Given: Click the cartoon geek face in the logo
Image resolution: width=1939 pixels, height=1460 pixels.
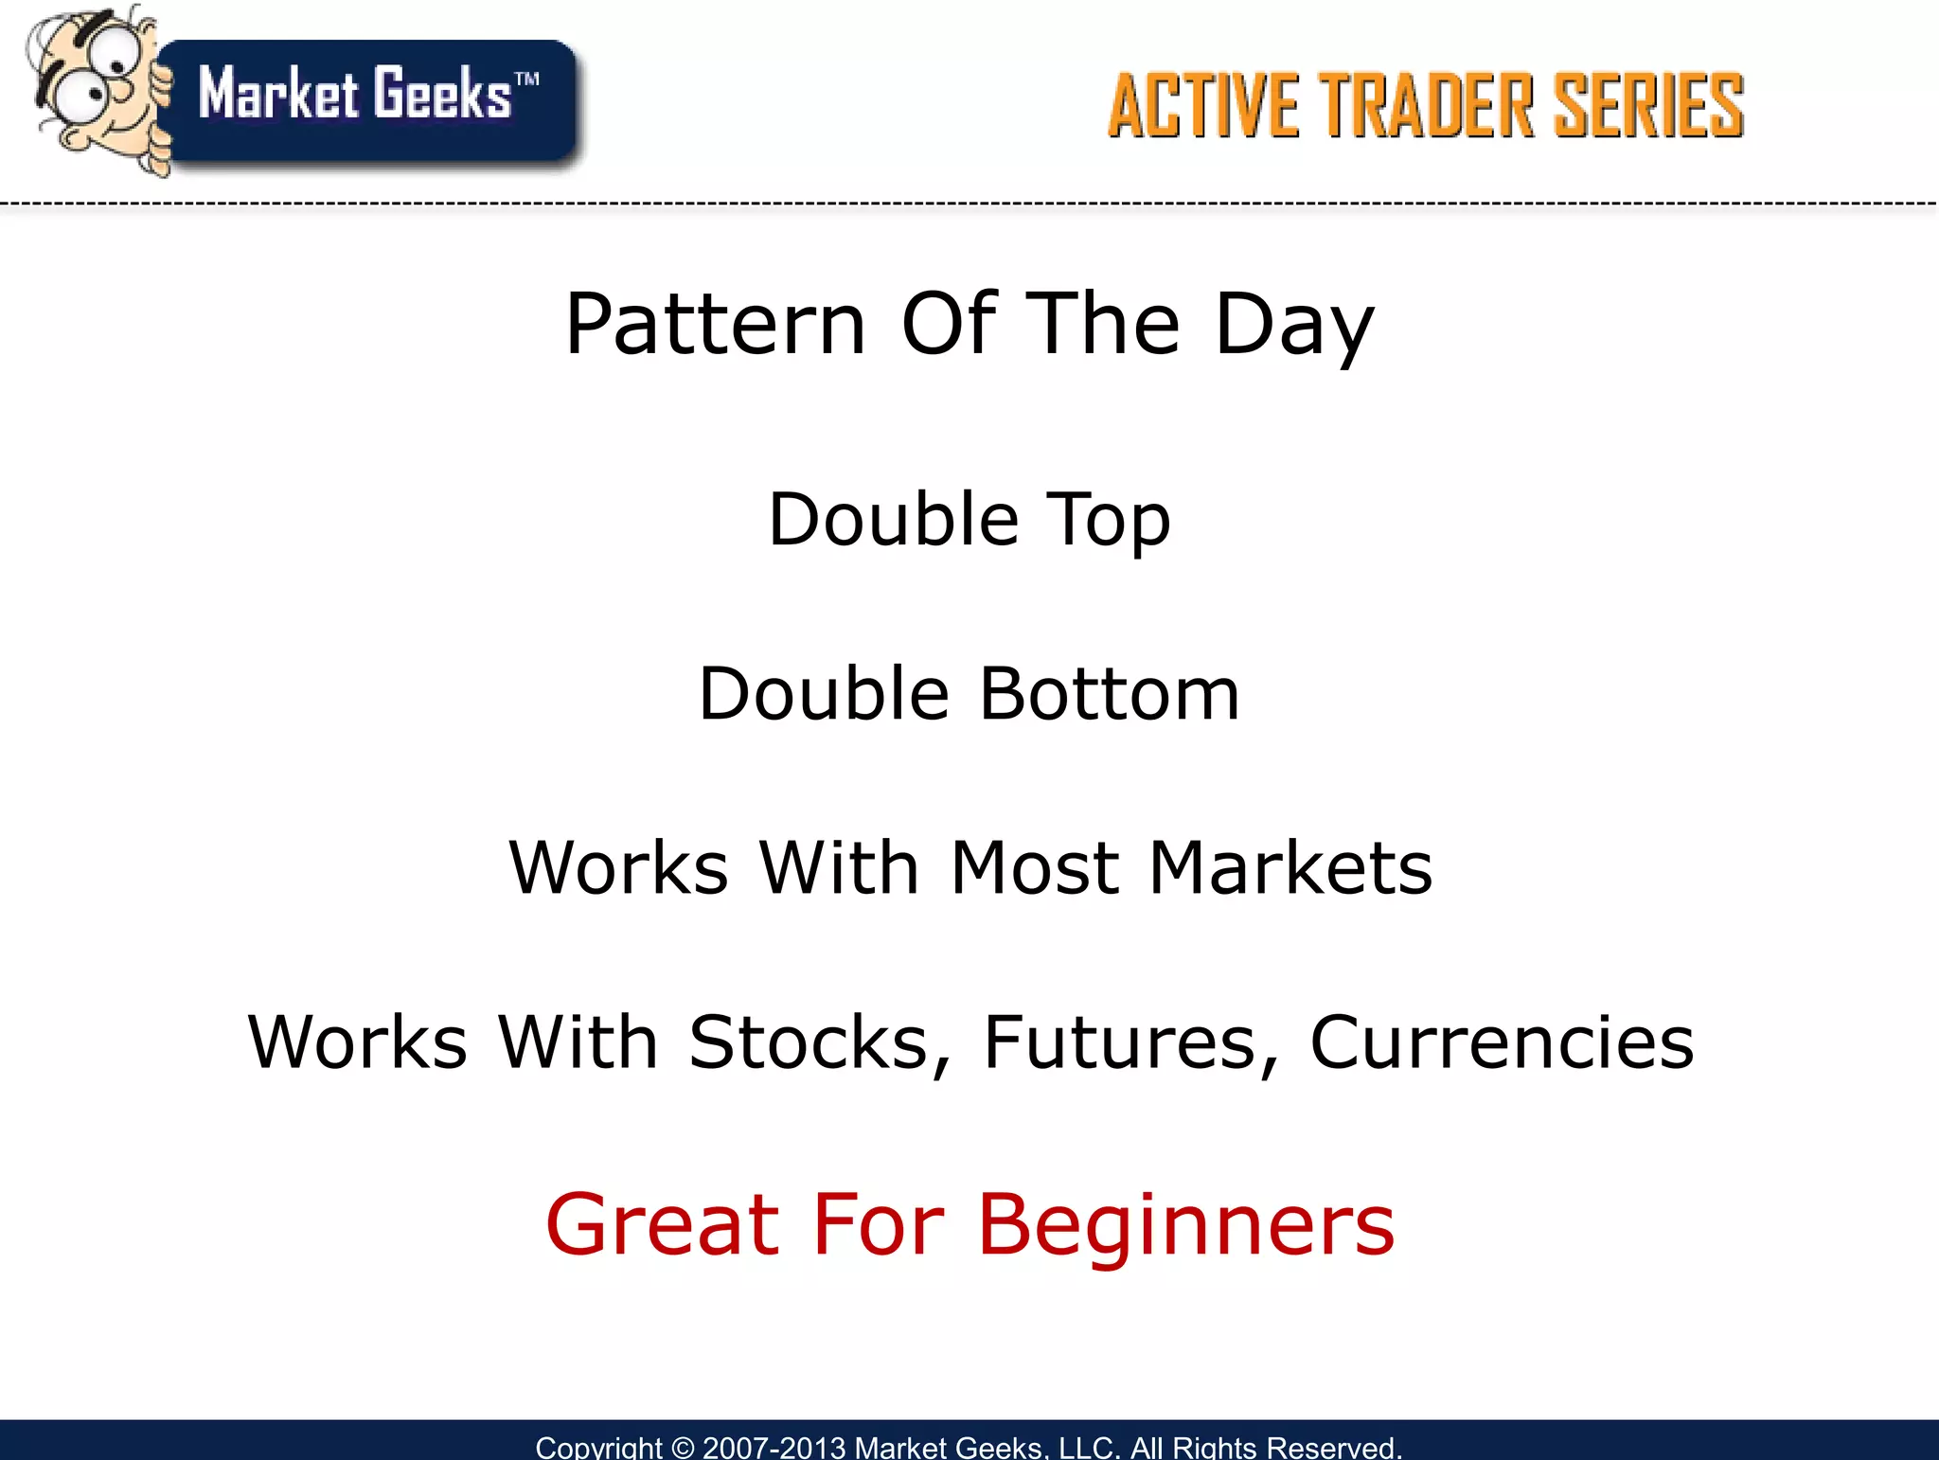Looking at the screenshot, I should [x=95, y=85].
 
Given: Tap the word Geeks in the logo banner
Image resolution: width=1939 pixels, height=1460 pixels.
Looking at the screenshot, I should [x=441, y=94].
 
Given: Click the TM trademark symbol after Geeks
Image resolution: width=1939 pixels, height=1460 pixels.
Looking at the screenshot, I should [x=527, y=79].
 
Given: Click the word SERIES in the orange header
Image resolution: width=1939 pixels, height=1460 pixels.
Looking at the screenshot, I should [x=1648, y=105].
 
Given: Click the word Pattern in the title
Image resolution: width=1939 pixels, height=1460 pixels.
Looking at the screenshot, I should [x=716, y=325].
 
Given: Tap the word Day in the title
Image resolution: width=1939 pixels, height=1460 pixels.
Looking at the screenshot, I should [x=1293, y=325].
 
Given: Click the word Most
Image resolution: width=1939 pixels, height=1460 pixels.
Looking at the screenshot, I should [x=1036, y=868].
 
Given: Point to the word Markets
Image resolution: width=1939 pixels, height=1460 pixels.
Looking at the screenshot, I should [x=1290, y=868].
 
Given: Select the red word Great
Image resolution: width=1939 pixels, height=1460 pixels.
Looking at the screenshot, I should [x=663, y=1225].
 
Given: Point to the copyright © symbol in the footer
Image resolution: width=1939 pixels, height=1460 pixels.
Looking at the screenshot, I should [x=682, y=1448].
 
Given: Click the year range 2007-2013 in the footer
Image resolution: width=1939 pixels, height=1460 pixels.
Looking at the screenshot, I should [x=774, y=1448].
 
